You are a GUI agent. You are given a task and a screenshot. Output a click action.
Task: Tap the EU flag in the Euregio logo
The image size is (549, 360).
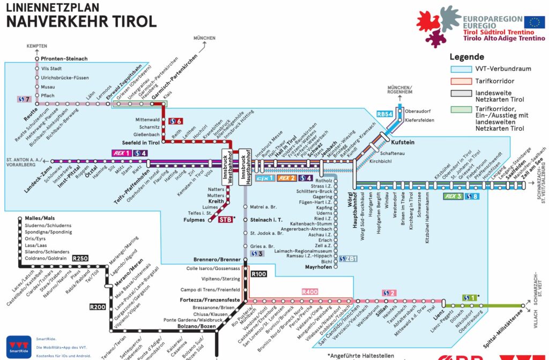point(534,22)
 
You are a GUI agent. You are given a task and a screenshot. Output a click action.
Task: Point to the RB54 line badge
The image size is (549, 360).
point(385,114)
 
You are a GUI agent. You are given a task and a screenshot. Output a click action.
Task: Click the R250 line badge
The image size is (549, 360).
point(80,258)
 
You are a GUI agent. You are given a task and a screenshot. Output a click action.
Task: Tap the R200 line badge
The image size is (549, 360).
point(98,307)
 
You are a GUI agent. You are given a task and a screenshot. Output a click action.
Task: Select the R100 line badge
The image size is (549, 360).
point(258,274)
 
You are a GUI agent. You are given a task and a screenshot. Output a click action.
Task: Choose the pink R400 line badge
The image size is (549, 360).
point(310,292)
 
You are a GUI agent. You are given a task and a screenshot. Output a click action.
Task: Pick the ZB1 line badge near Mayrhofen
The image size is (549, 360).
point(348,258)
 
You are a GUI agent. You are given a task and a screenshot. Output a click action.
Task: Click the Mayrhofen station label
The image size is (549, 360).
point(318,267)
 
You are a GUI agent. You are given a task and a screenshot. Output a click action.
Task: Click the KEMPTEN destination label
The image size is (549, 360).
point(37,46)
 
